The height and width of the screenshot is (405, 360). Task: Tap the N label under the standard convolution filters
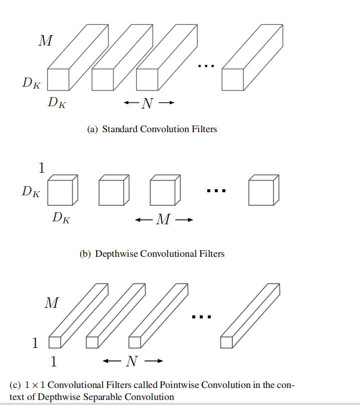(147, 104)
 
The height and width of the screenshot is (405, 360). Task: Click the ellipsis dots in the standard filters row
(206, 66)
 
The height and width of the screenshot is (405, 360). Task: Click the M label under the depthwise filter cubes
(163, 220)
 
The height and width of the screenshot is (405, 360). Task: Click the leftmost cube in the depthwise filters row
(60, 193)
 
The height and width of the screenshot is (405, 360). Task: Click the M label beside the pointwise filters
(51, 303)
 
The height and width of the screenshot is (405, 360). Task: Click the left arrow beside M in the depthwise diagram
(143, 220)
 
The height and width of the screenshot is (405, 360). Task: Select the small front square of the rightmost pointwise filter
(226, 342)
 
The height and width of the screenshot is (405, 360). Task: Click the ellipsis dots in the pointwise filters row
(202, 316)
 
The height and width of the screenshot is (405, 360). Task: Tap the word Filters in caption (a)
(204, 129)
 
